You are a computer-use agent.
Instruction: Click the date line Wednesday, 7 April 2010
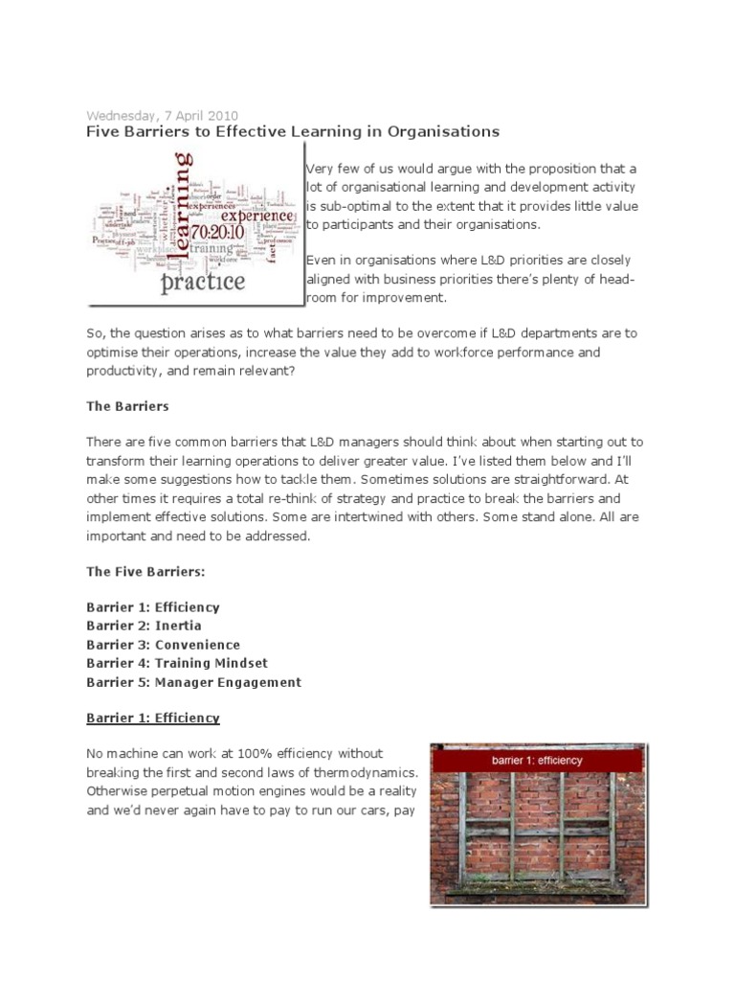pos(163,116)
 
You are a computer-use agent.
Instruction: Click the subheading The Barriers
pos(127,406)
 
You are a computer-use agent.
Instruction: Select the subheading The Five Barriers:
pos(145,571)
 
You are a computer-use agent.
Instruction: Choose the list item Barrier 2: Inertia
pos(144,627)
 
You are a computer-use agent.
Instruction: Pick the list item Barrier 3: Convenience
pos(163,645)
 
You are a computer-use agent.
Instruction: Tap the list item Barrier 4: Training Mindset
pos(177,664)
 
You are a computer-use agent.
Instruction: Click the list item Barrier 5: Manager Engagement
pos(193,682)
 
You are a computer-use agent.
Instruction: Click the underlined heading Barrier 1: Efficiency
pos(153,718)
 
